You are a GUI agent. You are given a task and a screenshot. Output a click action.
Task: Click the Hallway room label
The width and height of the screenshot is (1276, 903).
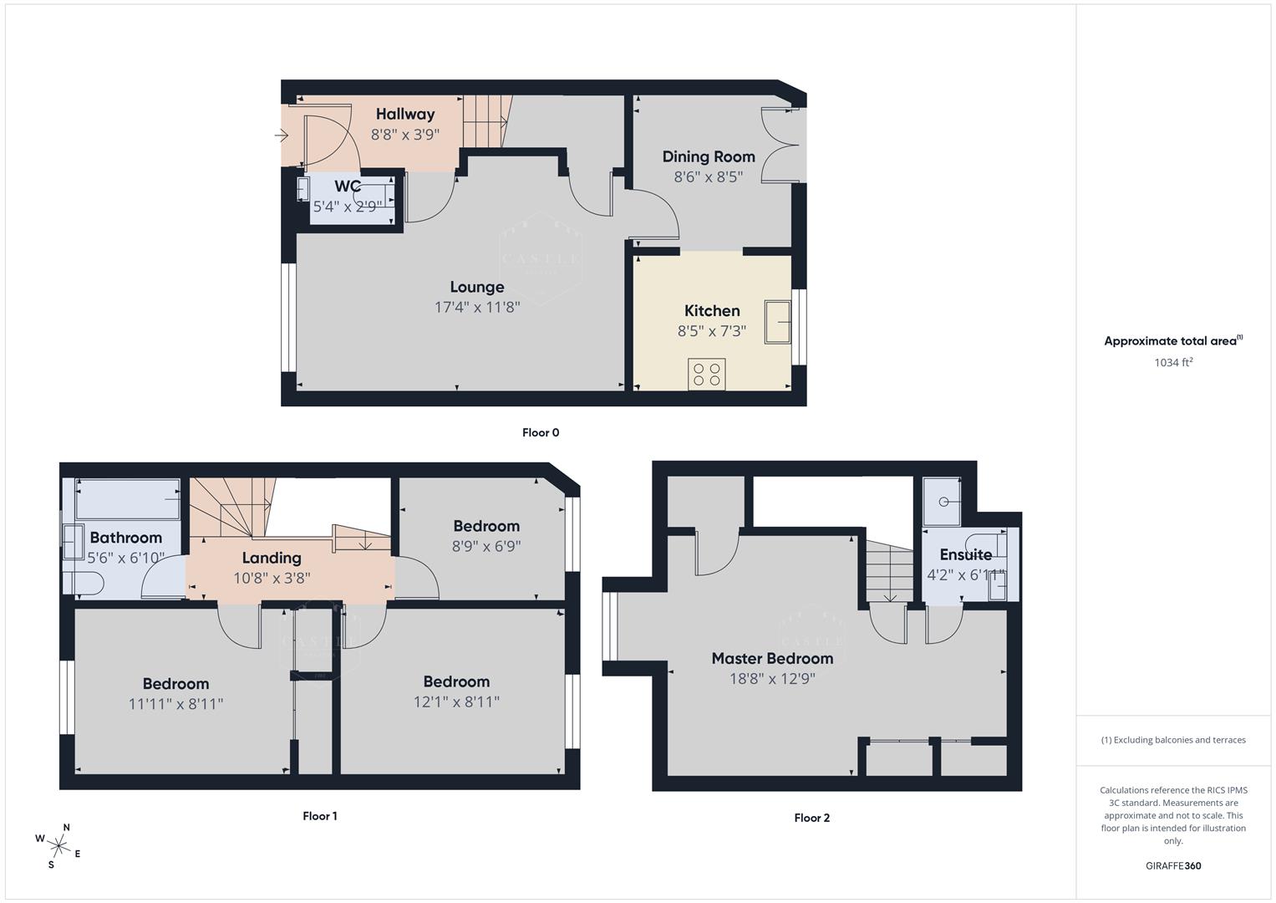404,115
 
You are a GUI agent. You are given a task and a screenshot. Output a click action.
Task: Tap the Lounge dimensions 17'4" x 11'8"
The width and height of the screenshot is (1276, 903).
476,307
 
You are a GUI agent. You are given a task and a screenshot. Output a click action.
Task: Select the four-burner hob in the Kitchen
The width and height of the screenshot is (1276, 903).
707,374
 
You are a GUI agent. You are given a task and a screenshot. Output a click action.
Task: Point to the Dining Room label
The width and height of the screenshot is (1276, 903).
708,156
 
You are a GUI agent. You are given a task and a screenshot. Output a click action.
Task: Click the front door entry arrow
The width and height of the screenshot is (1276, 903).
281,135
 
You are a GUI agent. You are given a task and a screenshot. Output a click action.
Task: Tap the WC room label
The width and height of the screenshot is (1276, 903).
348,186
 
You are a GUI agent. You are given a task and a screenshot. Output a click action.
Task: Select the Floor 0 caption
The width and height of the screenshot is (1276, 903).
540,432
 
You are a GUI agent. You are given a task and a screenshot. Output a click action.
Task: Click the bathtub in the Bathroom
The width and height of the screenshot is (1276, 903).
127,499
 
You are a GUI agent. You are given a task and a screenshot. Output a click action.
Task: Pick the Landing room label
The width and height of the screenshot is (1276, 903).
272,558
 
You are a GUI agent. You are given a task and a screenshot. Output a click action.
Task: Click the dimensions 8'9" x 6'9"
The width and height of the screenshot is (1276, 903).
486,546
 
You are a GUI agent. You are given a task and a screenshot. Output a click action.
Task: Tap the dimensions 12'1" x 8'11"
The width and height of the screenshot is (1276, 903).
456,702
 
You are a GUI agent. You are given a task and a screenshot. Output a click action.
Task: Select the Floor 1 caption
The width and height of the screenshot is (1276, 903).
319,816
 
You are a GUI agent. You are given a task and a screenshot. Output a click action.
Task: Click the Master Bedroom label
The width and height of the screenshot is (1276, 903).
772,658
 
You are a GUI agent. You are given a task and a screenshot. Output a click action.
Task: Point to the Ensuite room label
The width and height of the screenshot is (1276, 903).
965,554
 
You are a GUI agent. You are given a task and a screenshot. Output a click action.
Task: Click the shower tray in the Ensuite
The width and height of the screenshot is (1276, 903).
942,502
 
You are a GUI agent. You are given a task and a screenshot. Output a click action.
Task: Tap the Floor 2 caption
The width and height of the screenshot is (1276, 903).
811,818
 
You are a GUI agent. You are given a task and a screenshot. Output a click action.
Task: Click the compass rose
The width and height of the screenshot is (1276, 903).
59,844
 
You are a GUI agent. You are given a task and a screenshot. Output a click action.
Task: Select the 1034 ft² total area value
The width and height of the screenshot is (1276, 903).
1173,363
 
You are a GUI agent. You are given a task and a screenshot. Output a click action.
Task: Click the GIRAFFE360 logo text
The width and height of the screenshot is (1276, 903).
1173,865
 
